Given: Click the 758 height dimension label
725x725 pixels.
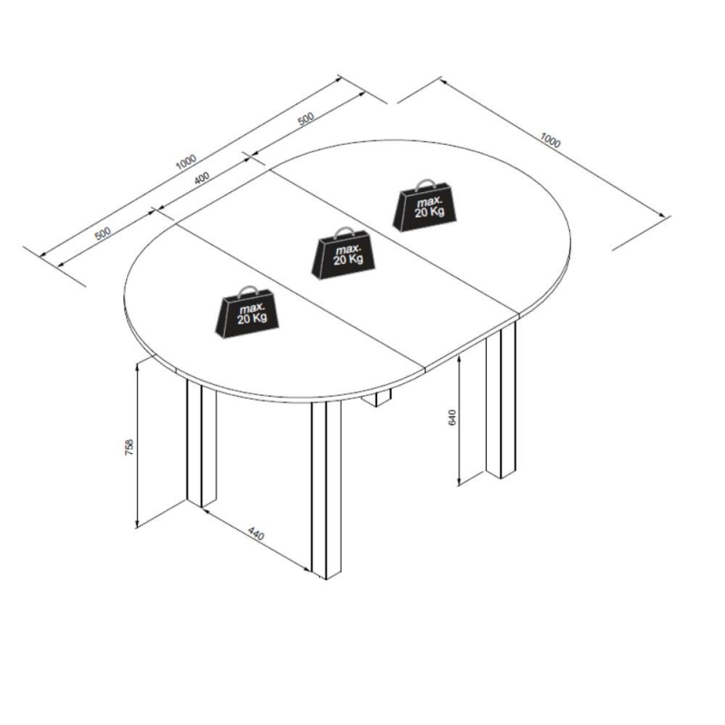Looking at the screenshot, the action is [129, 447].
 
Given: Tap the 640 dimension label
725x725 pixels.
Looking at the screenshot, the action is [452, 418].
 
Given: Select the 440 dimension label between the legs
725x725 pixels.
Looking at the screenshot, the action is [256, 533].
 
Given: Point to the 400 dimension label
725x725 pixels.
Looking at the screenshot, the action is [201, 178].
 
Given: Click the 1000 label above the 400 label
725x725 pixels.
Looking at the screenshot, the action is [187, 161].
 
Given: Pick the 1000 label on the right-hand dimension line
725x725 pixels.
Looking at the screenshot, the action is [550, 140].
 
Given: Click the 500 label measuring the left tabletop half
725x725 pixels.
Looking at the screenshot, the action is [102, 233].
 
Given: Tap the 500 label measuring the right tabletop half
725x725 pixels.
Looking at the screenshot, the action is [305, 119].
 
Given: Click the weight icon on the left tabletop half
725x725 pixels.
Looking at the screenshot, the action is [247, 312].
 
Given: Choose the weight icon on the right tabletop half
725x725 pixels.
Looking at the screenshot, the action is [424, 205].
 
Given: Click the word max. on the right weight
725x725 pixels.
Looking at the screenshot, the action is [429, 201].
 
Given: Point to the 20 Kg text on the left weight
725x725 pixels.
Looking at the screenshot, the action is [252, 318].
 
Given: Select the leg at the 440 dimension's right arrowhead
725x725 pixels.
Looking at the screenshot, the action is [326, 490].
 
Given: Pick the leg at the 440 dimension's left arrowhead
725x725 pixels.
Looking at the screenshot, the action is [201, 442].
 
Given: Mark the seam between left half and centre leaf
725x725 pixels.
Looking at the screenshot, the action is [302, 298].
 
